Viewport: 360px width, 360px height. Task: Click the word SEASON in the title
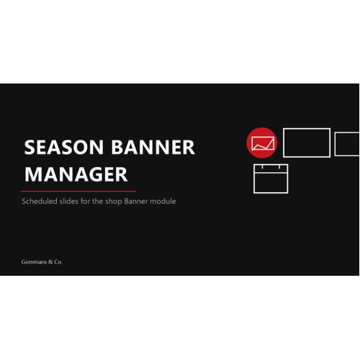coord(64,147)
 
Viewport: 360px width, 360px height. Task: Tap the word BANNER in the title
coord(153,147)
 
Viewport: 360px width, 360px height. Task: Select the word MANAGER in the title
coord(76,174)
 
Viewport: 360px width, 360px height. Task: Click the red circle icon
coord(262,143)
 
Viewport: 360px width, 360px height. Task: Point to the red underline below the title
coord(78,192)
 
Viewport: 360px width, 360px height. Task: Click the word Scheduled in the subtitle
coord(40,201)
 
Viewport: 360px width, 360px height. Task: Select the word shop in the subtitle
coord(114,202)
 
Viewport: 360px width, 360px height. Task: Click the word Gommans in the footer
coord(34,262)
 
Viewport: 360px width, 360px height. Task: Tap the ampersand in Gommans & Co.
coord(50,262)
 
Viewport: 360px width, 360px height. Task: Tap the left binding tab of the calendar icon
coord(262,166)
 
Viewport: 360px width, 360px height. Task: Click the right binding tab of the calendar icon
coord(279,166)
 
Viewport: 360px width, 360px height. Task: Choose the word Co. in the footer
coord(58,262)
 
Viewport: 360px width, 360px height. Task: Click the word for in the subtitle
coord(85,201)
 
